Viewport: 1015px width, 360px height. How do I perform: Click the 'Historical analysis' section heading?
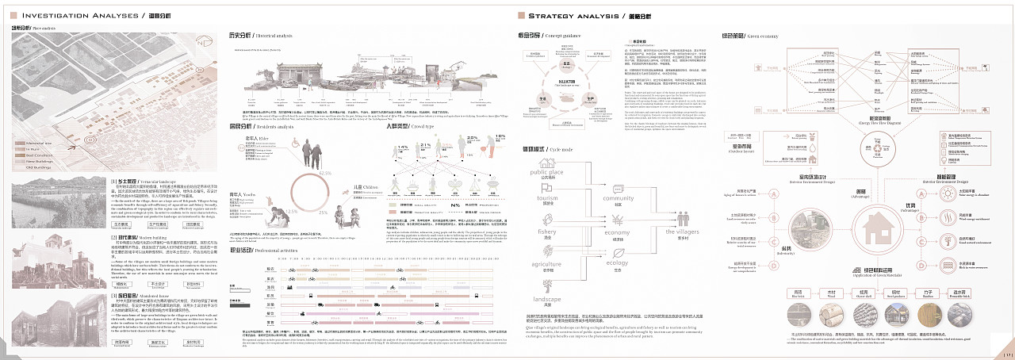pyautogui.click(x=259, y=36)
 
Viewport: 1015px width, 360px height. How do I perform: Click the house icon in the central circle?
pyautogui.click(x=862, y=222)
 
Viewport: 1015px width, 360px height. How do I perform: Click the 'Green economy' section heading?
pyautogui.click(x=745, y=36)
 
